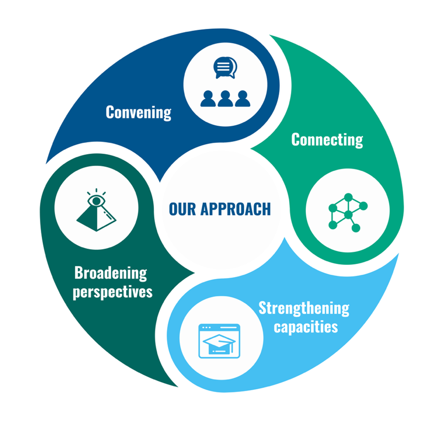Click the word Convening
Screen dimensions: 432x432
tap(138, 112)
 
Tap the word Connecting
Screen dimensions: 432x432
tap(327, 139)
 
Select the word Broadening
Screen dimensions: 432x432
tap(110, 273)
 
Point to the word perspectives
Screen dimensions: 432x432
tap(112, 292)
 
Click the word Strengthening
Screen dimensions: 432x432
tap(304, 308)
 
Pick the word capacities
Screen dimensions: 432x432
tap(305, 327)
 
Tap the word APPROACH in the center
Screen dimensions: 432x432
tap(236, 209)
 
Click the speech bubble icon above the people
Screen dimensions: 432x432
tap(225, 68)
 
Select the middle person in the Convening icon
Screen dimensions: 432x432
tap(226, 98)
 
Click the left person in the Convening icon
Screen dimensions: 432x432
tap(208, 98)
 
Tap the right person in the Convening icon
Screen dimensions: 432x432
tap(243, 98)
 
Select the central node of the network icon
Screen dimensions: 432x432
tap(348, 214)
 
